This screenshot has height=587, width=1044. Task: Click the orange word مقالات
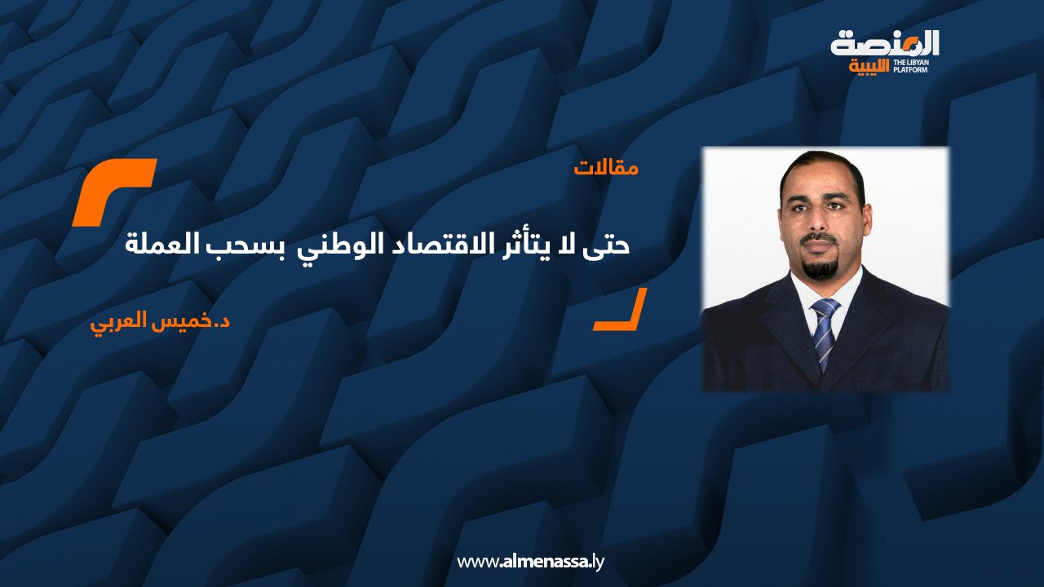(x=606, y=169)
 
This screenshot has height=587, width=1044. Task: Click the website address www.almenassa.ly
(x=529, y=561)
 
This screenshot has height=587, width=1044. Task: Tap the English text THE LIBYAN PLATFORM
(x=915, y=66)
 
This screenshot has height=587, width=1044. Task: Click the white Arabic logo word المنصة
(x=885, y=42)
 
